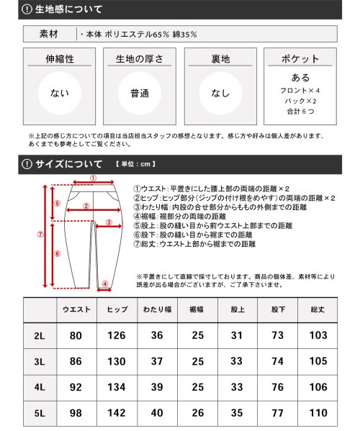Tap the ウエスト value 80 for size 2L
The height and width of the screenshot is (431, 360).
76,336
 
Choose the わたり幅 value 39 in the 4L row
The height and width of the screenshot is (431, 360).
156,388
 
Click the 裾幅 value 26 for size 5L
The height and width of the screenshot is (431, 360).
197,414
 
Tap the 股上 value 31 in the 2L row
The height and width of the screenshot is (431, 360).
237,336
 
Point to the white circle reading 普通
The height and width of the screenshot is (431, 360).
139,93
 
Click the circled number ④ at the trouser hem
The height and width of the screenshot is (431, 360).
104,283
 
